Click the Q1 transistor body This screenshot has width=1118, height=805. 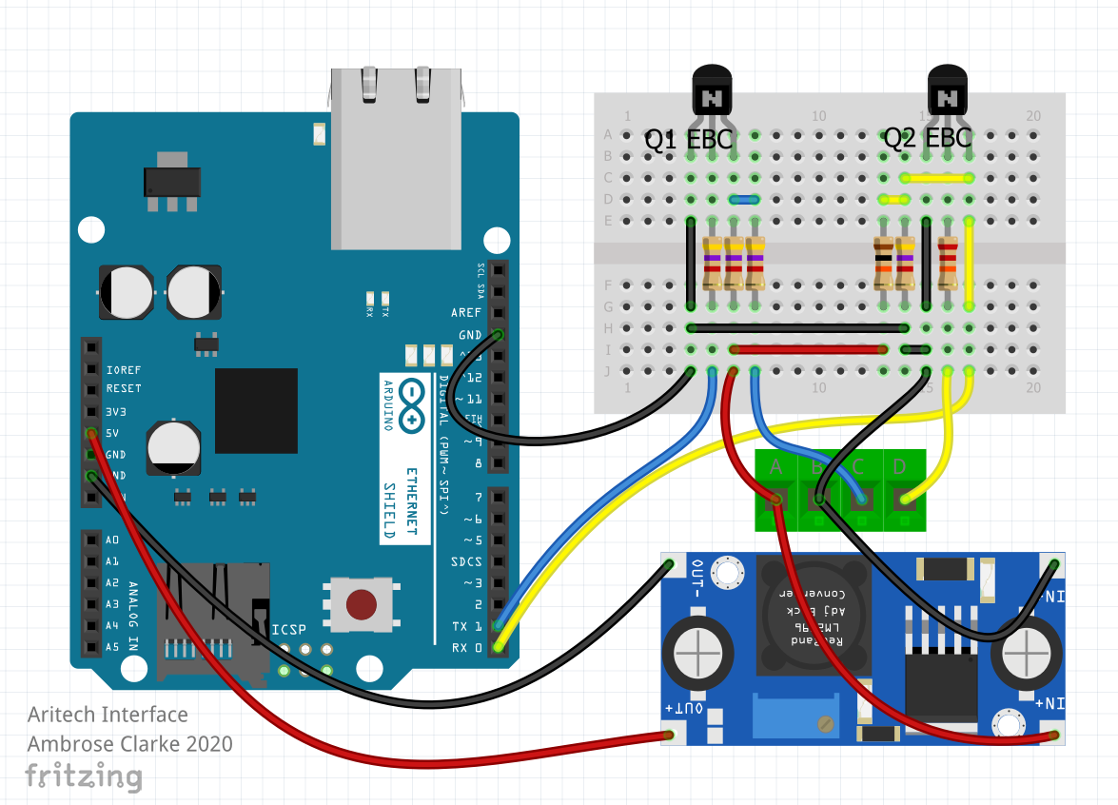(712, 92)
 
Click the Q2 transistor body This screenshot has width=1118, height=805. (948, 92)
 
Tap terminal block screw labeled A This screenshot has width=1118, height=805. (776, 498)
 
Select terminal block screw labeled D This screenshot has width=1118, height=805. (904, 498)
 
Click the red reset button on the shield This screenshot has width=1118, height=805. (362, 603)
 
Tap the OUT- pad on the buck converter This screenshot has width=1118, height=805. (668, 567)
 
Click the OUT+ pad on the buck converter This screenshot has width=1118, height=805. (668, 735)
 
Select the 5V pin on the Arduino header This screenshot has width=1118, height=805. (91, 434)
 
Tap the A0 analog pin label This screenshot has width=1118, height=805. (112, 540)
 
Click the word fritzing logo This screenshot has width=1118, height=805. (84, 776)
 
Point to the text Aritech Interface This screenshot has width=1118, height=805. (108, 715)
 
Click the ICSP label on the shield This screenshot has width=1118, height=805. (289, 630)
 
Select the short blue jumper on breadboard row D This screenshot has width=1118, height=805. (744, 200)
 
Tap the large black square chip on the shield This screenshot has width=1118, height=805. (255, 411)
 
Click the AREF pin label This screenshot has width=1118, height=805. (466, 312)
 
